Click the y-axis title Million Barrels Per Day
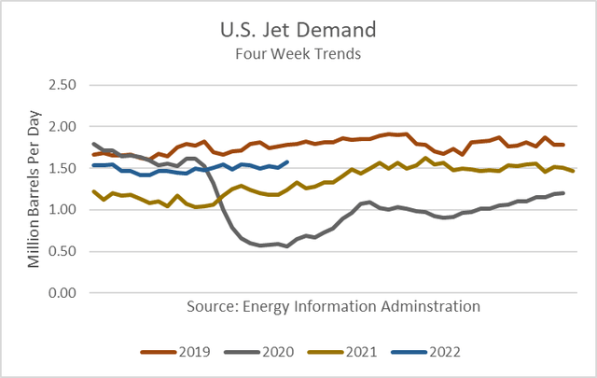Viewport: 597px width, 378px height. (34, 189)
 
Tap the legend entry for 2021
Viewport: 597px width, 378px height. (361, 352)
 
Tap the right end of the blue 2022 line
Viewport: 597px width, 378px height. (285, 161)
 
